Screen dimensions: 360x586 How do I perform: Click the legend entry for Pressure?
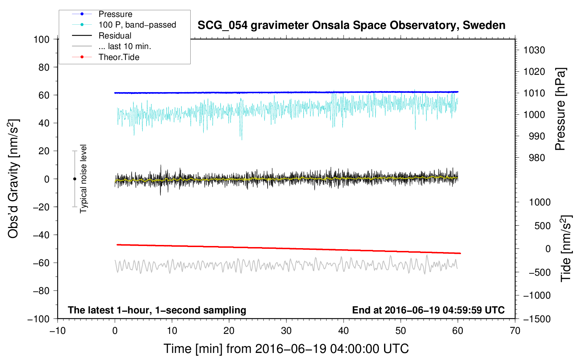[x=115, y=14]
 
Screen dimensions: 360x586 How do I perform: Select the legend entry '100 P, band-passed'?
[x=137, y=25]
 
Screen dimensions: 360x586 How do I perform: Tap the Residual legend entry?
[x=115, y=36]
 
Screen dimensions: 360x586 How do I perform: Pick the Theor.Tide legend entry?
[x=119, y=57]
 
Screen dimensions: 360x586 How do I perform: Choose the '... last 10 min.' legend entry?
[x=125, y=46]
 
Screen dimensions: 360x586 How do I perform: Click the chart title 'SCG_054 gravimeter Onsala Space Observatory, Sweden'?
[x=351, y=25]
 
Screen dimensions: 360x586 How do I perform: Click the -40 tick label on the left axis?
[x=41, y=235]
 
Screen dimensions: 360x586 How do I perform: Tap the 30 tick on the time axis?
[x=286, y=331]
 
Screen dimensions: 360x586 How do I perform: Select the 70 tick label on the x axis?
[x=515, y=331]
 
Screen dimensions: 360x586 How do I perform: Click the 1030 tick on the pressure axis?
[x=534, y=50]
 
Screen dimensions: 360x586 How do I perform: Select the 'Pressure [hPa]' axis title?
[x=560, y=109]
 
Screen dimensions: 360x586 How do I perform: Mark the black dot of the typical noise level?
[x=74, y=179]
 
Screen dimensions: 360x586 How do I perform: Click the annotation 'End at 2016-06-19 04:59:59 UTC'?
[x=428, y=310]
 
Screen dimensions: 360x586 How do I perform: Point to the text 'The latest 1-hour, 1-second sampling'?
[x=157, y=310]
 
